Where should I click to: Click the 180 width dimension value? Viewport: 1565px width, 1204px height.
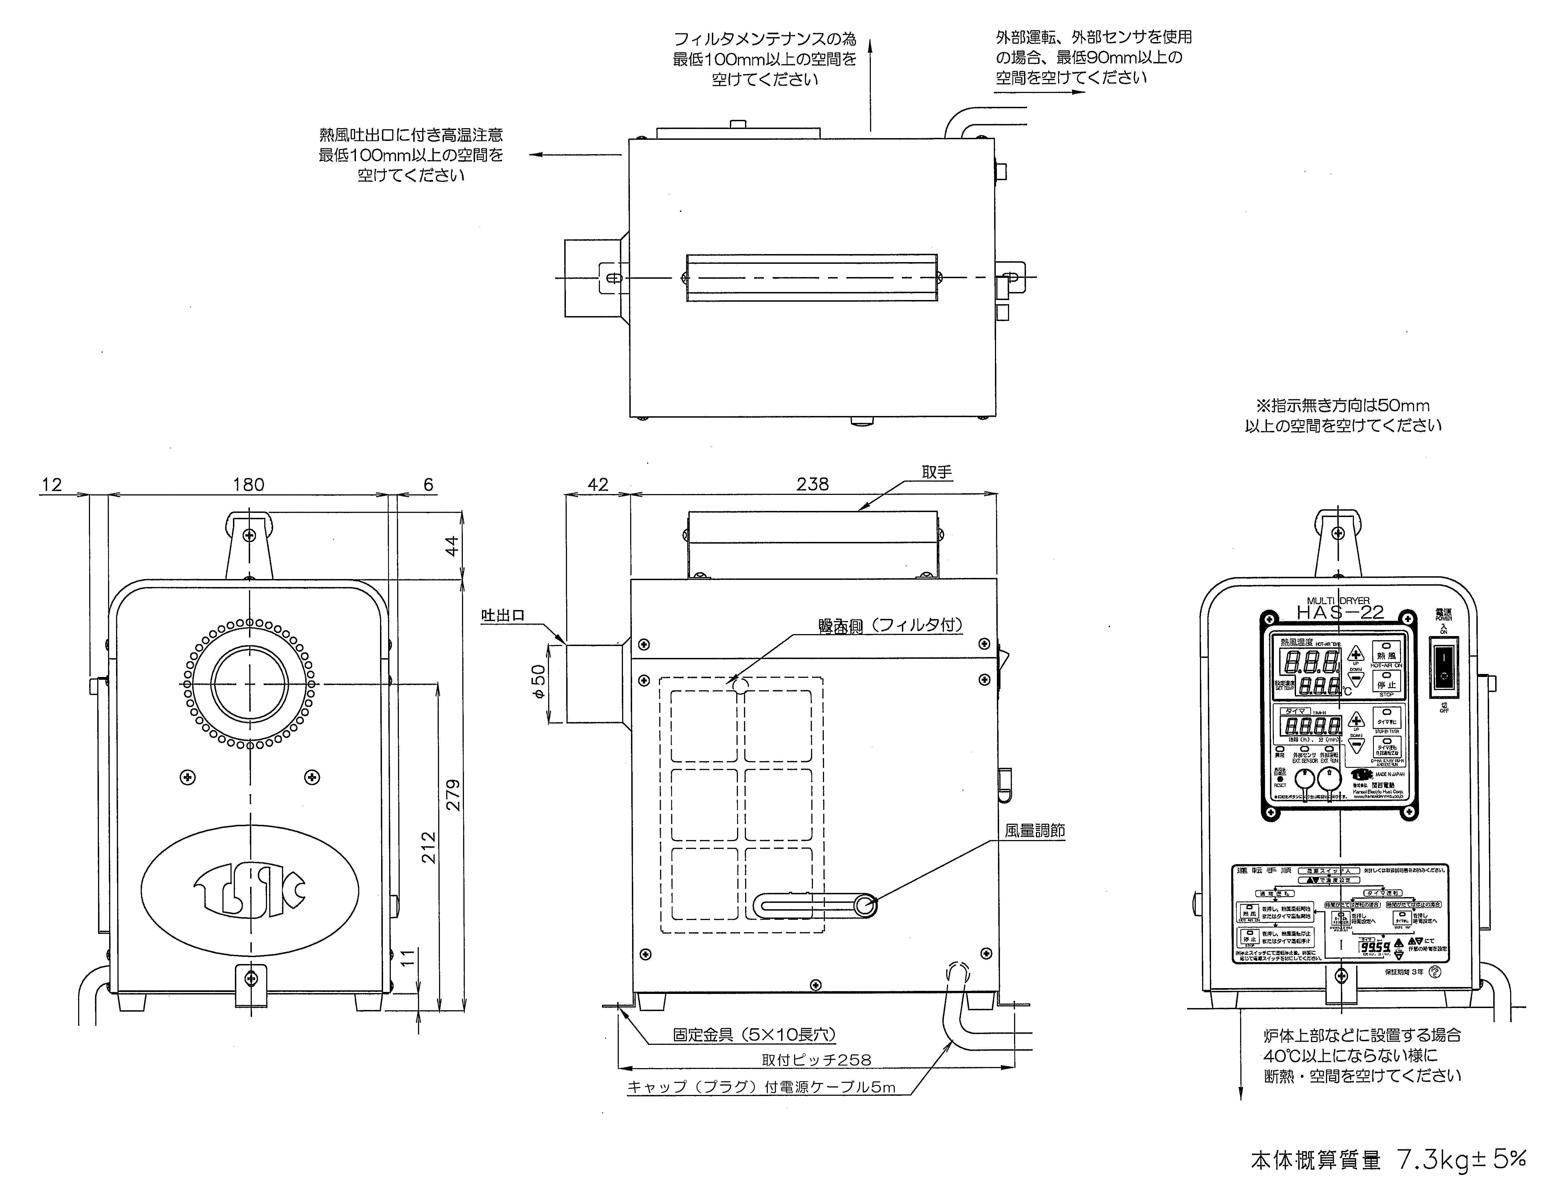point(249,485)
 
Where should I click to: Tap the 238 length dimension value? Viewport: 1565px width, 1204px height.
point(813,485)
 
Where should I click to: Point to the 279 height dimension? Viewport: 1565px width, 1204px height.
point(453,795)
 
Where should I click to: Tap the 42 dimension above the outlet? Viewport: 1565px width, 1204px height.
point(598,485)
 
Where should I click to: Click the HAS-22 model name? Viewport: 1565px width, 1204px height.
point(1340,613)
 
